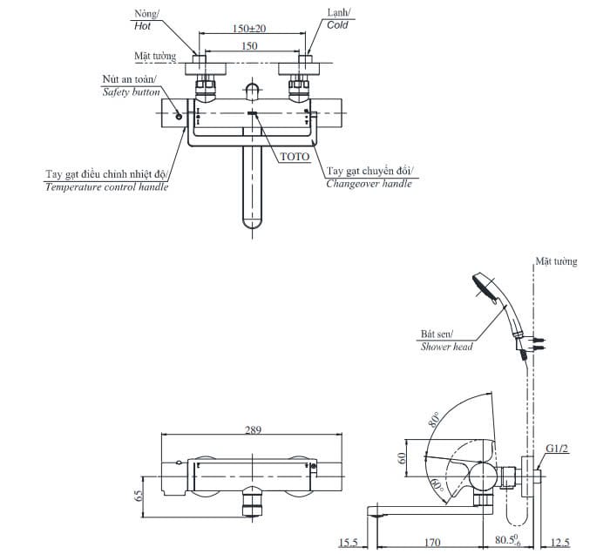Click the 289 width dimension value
(253, 430)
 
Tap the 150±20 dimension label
(249, 29)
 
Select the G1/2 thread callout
(557, 449)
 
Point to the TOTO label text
(295, 157)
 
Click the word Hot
(142, 26)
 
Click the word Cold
(337, 25)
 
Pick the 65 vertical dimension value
(139, 496)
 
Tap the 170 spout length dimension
(432, 543)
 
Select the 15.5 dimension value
(349, 543)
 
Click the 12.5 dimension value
(560, 543)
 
